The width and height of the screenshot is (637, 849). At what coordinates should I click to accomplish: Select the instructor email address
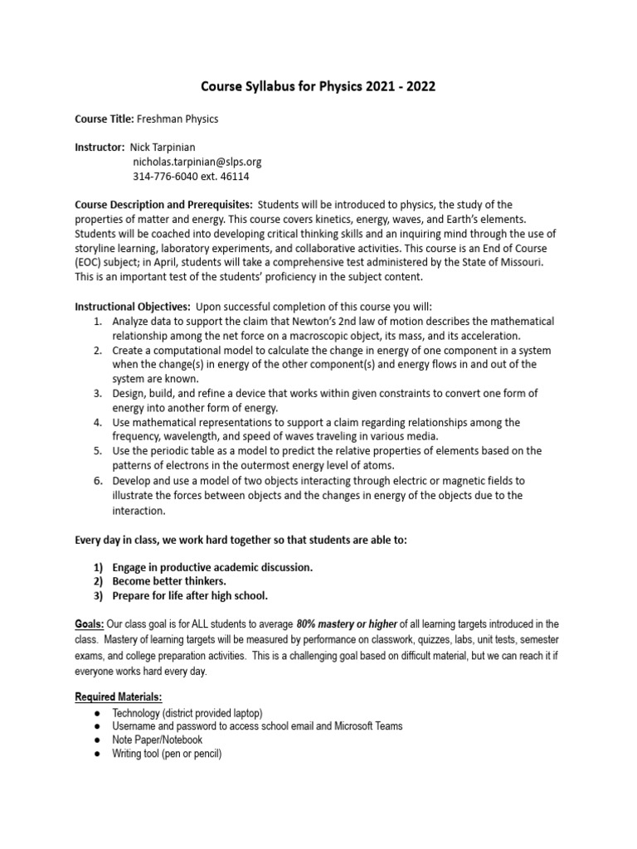tap(197, 162)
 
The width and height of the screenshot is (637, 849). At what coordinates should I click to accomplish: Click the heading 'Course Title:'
tap(105, 119)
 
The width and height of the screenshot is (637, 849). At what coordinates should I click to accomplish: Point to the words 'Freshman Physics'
tap(177, 119)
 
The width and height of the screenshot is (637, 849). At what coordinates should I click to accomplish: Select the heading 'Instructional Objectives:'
tap(133, 306)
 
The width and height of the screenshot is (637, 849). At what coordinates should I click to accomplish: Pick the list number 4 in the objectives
tap(97, 422)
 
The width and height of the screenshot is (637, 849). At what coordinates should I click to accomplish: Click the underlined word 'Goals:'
tap(90, 623)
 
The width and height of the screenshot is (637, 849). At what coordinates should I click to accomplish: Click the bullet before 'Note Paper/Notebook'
tap(97, 740)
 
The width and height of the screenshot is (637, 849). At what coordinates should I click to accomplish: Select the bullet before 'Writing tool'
tap(97, 754)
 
